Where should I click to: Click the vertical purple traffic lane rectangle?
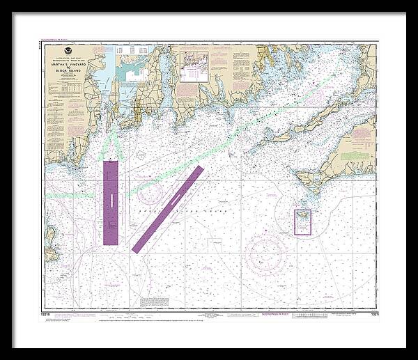pyautogui.click(x=110, y=202)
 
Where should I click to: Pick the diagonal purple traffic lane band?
pyautogui.click(x=167, y=209)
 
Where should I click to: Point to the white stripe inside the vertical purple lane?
pyautogui.click(x=110, y=201)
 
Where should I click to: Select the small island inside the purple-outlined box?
pyautogui.click(x=303, y=220)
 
